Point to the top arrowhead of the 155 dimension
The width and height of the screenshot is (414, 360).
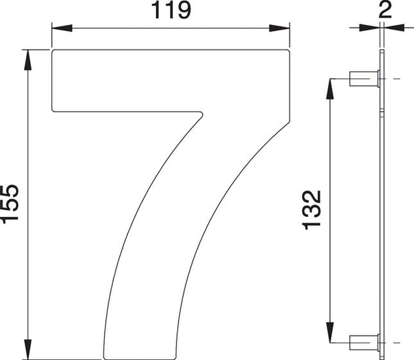(28, 58)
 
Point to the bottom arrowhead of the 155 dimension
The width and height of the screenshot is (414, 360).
(28, 349)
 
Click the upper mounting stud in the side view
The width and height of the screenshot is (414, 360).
(363, 79)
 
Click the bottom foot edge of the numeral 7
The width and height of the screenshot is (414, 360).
(140, 357)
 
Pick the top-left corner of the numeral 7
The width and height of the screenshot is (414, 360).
(53, 51)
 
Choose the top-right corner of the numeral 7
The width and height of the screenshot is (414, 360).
(288, 51)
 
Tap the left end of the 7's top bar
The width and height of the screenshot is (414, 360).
(53, 81)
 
